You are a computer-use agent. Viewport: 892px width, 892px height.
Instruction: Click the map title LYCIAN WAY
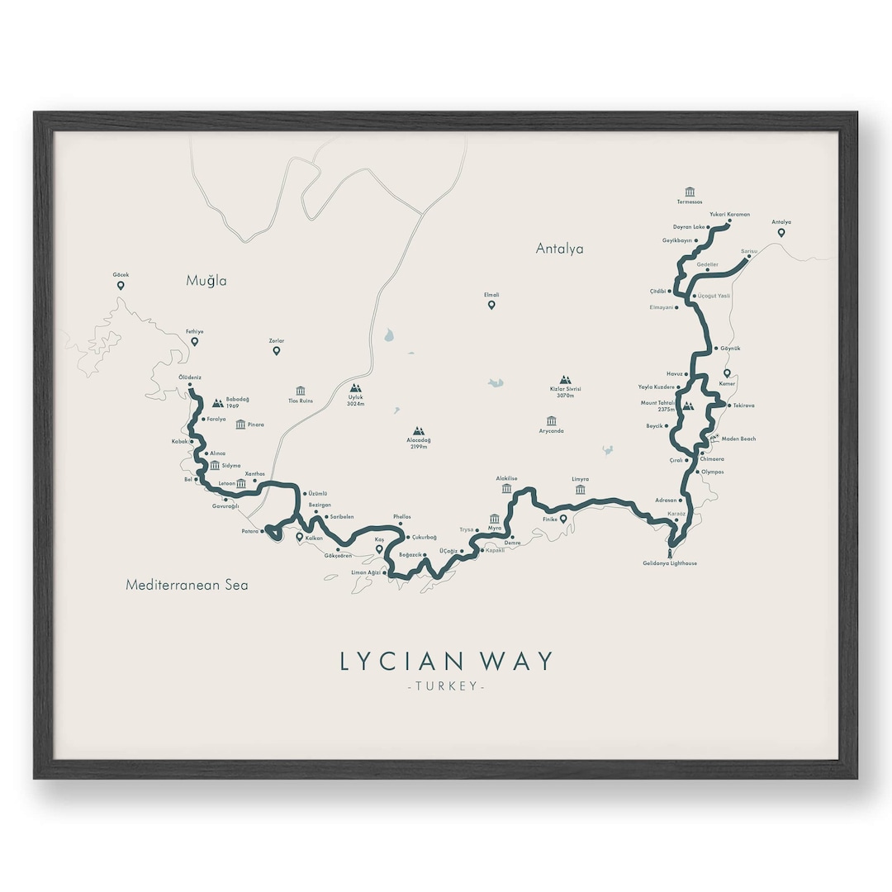click(446, 662)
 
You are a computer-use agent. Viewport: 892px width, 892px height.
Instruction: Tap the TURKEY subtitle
click(446, 687)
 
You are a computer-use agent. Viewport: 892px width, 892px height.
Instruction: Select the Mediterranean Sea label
click(187, 585)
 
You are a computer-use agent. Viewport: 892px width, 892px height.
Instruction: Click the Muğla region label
click(206, 281)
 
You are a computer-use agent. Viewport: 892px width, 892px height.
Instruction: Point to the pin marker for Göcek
click(121, 286)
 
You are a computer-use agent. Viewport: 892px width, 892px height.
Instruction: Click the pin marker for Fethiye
click(195, 342)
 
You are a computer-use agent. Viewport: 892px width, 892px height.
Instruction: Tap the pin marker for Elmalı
click(491, 306)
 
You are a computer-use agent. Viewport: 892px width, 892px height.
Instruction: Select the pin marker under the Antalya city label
click(780, 233)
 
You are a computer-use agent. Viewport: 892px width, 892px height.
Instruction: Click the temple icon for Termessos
click(690, 191)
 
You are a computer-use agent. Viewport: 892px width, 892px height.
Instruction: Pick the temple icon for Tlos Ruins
click(300, 391)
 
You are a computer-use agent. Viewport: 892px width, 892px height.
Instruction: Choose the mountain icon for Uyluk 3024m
click(356, 387)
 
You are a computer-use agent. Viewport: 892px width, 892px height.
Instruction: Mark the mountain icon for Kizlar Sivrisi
click(566, 381)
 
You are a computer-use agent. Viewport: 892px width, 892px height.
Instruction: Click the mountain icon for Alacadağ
click(419, 431)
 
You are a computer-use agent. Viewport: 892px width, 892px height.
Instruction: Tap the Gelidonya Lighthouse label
click(670, 563)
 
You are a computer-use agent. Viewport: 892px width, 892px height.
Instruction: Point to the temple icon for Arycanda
click(551, 421)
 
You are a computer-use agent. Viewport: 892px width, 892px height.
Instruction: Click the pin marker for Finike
click(563, 520)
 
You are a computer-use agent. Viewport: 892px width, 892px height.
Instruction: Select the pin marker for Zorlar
click(277, 351)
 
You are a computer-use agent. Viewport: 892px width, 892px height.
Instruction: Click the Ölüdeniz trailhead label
click(190, 377)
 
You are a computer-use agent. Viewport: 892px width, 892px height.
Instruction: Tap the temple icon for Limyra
click(581, 490)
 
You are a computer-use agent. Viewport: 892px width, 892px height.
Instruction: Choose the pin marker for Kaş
click(379, 548)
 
